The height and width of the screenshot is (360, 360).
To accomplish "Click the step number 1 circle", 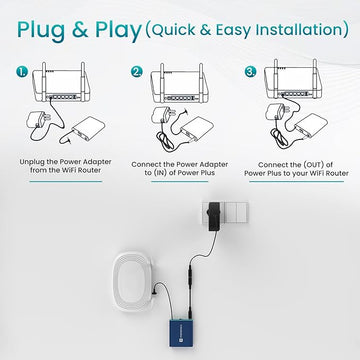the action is [x=22, y=72].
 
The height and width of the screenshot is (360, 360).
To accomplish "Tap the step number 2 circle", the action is [x=136, y=72].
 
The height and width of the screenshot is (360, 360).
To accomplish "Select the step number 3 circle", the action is [x=251, y=72].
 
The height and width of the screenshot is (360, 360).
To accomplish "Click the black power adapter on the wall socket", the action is [x=213, y=216].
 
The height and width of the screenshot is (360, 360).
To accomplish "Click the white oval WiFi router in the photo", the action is [x=133, y=281].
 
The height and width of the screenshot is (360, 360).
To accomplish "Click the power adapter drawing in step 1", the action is [x=39, y=119].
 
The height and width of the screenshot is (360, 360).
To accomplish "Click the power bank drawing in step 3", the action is [x=311, y=126].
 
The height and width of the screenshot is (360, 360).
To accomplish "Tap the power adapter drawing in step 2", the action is [x=163, y=115].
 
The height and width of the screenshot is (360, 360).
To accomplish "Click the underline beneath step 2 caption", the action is [x=180, y=182].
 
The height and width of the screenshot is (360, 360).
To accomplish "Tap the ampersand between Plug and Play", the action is [x=80, y=29].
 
